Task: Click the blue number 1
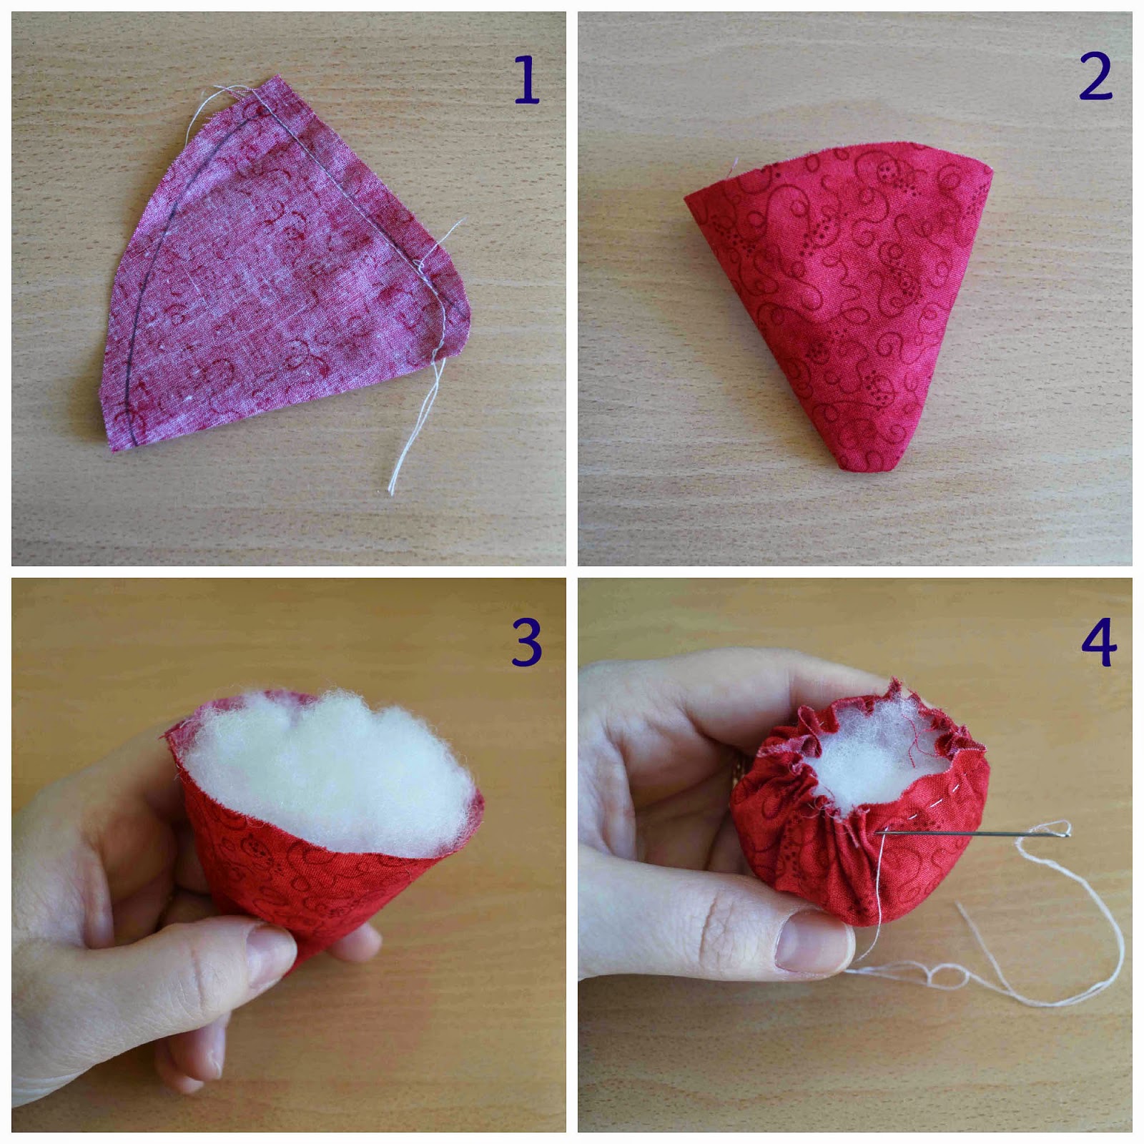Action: (526, 80)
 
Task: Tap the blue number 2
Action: (1095, 76)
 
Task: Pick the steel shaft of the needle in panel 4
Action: (965, 832)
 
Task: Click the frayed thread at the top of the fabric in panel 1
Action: (232, 93)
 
